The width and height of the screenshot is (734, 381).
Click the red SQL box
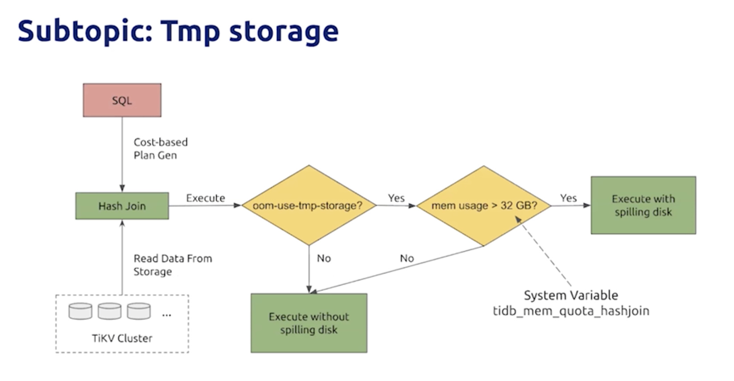(x=122, y=100)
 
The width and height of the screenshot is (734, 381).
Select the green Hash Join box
(x=122, y=206)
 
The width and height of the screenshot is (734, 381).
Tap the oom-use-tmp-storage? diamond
(x=308, y=206)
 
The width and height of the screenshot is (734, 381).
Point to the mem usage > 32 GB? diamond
(x=484, y=206)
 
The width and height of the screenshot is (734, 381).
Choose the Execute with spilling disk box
(x=643, y=205)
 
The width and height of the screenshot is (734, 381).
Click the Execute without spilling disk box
(x=309, y=323)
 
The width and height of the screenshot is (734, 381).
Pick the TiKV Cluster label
(x=122, y=338)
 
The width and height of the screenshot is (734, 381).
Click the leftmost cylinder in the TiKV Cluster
(x=80, y=311)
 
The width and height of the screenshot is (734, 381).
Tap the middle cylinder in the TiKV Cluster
(x=109, y=311)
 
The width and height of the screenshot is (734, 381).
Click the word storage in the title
(x=284, y=31)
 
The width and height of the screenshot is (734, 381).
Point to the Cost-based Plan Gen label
(x=160, y=149)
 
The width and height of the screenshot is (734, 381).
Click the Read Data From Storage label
(x=173, y=265)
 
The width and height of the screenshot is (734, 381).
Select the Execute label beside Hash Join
(x=206, y=198)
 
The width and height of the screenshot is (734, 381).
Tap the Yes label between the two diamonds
(x=396, y=198)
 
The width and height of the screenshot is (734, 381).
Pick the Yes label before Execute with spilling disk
(x=569, y=198)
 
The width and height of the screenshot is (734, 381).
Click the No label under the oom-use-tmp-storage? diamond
(x=324, y=258)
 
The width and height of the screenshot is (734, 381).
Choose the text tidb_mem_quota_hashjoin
(x=571, y=311)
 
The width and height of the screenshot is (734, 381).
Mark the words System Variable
(x=571, y=295)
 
